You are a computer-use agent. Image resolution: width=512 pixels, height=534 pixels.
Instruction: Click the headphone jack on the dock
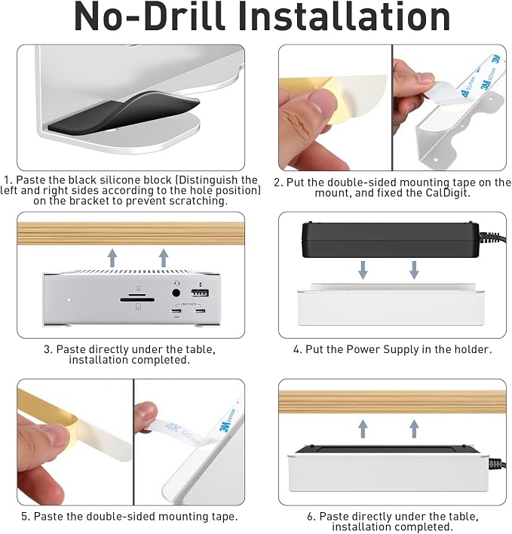pos(176,293)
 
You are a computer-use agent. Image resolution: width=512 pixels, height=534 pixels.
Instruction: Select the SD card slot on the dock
pos(137,299)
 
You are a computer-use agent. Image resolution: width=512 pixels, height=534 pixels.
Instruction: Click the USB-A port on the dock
pos(200,293)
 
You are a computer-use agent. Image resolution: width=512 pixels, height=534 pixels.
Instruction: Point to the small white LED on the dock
pos(69,299)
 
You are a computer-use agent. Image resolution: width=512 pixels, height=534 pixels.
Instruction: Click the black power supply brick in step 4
pos(391,240)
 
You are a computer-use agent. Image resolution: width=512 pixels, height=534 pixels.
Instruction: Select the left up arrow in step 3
pos(112,257)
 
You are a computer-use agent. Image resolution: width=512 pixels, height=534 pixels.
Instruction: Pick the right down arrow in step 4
pos(414,270)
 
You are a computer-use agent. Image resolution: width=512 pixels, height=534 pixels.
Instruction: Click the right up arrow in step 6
pos(414,428)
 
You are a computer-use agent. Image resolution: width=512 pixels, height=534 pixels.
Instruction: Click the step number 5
pos(25,517)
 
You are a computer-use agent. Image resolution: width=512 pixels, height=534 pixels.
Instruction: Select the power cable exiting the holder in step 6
pos(498,464)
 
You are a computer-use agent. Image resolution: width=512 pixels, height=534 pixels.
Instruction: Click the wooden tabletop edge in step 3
pos(130,234)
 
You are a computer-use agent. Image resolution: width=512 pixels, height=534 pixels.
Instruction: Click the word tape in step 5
pos(219,517)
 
